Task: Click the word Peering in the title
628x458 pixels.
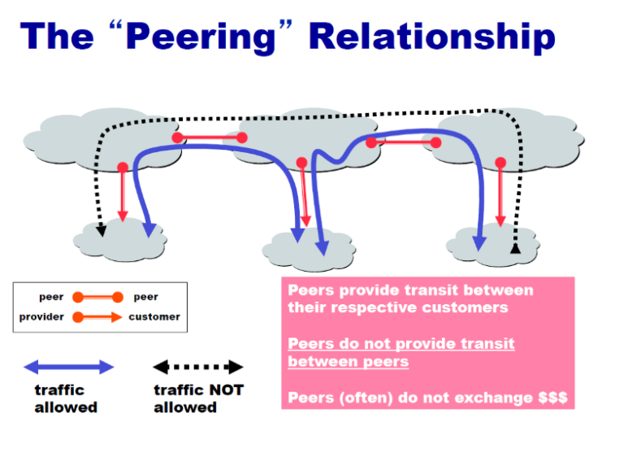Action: pyautogui.click(x=201, y=37)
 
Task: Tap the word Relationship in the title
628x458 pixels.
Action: pyautogui.click(x=432, y=37)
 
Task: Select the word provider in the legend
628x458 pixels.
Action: pyautogui.click(x=41, y=316)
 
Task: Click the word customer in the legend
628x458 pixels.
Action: pyautogui.click(x=154, y=316)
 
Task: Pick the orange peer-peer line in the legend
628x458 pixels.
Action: pyautogui.click(x=97, y=297)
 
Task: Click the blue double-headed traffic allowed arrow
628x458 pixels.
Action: pyautogui.click(x=69, y=367)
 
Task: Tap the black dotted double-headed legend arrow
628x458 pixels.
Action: pyautogui.click(x=198, y=367)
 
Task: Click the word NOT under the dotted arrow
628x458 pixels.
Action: pyautogui.click(x=227, y=390)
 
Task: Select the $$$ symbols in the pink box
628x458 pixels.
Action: pyautogui.click(x=552, y=398)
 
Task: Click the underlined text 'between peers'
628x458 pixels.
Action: pyautogui.click(x=348, y=361)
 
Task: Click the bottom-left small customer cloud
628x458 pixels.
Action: pyautogui.click(x=120, y=240)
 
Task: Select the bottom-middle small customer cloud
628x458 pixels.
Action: pyautogui.click(x=309, y=249)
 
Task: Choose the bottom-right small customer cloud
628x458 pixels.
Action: pyautogui.click(x=493, y=245)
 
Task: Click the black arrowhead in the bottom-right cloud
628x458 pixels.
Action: pyautogui.click(x=515, y=249)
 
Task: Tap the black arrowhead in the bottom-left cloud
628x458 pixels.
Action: pyautogui.click(x=102, y=230)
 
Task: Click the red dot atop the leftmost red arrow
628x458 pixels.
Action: pyautogui.click(x=123, y=168)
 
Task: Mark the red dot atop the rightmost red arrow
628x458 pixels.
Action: pyautogui.click(x=500, y=163)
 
